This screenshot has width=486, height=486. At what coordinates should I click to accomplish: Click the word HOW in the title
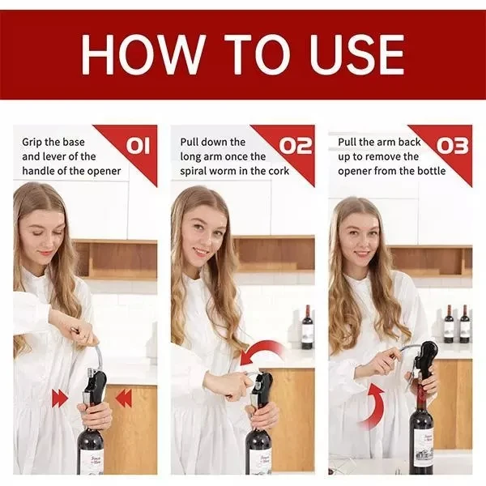(133, 55)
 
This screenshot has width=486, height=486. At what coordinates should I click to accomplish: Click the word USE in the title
(352, 55)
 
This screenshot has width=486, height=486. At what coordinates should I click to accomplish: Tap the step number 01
(138, 146)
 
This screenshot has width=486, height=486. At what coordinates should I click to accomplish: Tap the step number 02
(296, 146)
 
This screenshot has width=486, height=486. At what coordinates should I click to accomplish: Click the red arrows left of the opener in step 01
(60, 398)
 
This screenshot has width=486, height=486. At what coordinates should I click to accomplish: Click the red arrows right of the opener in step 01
(123, 398)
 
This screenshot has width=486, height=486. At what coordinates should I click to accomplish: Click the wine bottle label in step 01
(90, 459)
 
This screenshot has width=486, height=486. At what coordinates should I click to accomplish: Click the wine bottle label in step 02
(259, 459)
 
